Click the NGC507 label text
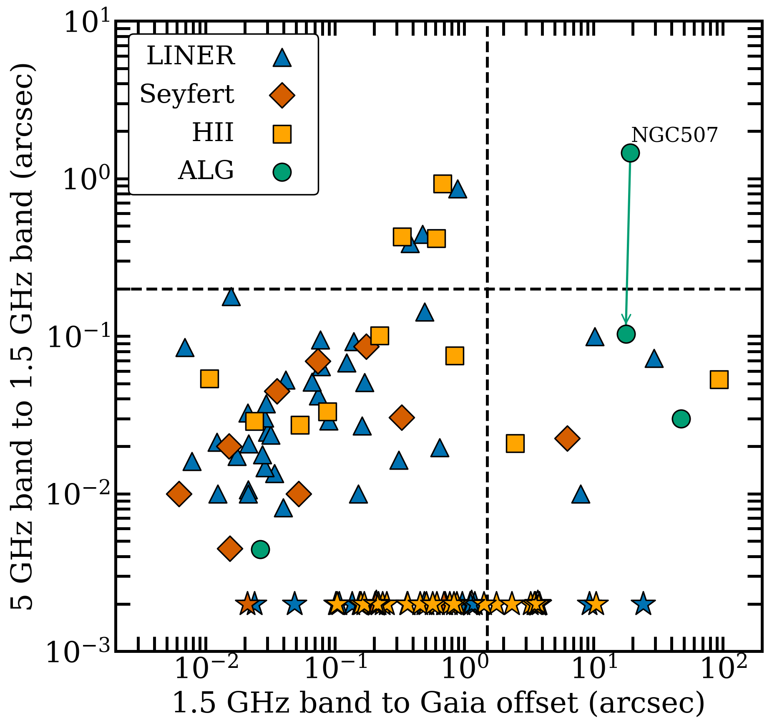[674, 135]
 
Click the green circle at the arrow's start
[630, 153]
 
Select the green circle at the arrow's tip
[626, 334]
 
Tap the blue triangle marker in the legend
[282, 58]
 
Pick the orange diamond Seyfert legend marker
[282, 96]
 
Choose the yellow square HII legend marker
[282, 134]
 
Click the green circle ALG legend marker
[282, 172]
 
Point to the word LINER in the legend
[191, 56]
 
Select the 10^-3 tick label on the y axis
[78, 652]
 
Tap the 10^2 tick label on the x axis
[724, 670]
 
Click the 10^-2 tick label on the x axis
[206, 670]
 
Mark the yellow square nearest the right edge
[719, 379]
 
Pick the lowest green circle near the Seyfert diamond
[260, 549]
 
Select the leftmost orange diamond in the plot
[179, 493]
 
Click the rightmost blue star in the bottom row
[643, 604]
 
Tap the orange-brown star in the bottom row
[247, 604]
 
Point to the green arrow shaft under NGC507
[628, 242]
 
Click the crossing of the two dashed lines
[487, 289]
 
